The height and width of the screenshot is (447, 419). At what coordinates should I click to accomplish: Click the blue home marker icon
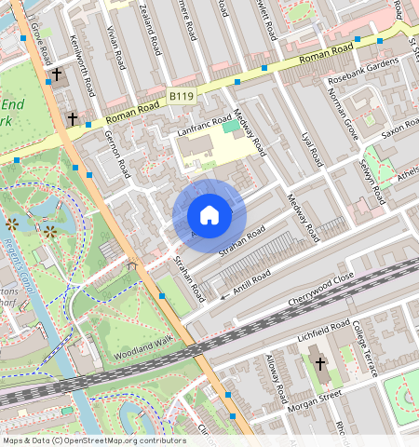209,215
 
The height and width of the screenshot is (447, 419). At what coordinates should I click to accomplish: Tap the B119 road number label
182,97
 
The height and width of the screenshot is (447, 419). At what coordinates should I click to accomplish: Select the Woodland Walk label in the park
143,350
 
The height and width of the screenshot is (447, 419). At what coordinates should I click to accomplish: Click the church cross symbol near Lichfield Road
319,363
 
